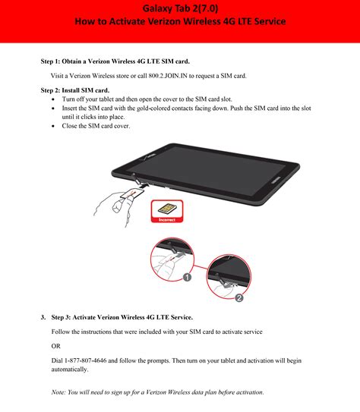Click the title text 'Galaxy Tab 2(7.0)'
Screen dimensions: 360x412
click(x=179, y=8)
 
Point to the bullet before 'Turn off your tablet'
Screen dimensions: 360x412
click(x=52, y=99)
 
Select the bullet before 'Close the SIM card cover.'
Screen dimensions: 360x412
click(x=52, y=126)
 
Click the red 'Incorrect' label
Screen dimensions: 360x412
click(x=166, y=220)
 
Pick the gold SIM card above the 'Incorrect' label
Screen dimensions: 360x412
click(x=166, y=207)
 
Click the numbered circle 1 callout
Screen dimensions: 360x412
click(x=208, y=278)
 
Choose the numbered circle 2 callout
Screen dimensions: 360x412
click(x=238, y=298)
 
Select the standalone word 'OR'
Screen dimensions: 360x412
click(x=56, y=346)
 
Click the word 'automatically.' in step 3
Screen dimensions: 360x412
click(x=70, y=370)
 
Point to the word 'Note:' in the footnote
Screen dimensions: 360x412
click(x=59, y=392)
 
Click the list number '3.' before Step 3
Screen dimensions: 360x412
click(x=43, y=316)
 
